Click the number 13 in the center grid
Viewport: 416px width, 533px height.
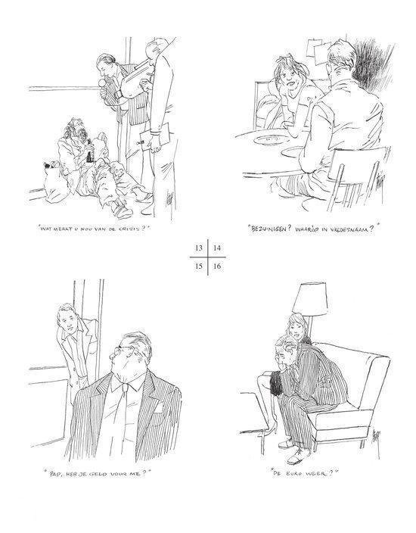pyautogui.click(x=199, y=248)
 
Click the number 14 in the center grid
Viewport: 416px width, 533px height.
pyautogui.click(x=216, y=248)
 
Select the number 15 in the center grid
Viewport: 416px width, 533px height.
pyautogui.click(x=199, y=266)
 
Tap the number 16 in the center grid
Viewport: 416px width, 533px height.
pyautogui.click(x=216, y=266)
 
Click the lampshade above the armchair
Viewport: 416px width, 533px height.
pyautogui.click(x=310, y=300)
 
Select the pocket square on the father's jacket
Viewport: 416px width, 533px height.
pyautogui.click(x=158, y=408)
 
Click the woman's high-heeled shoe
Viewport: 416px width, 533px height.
pyautogui.click(x=270, y=430)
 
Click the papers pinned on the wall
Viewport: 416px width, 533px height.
pyautogui.click(x=318, y=50)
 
